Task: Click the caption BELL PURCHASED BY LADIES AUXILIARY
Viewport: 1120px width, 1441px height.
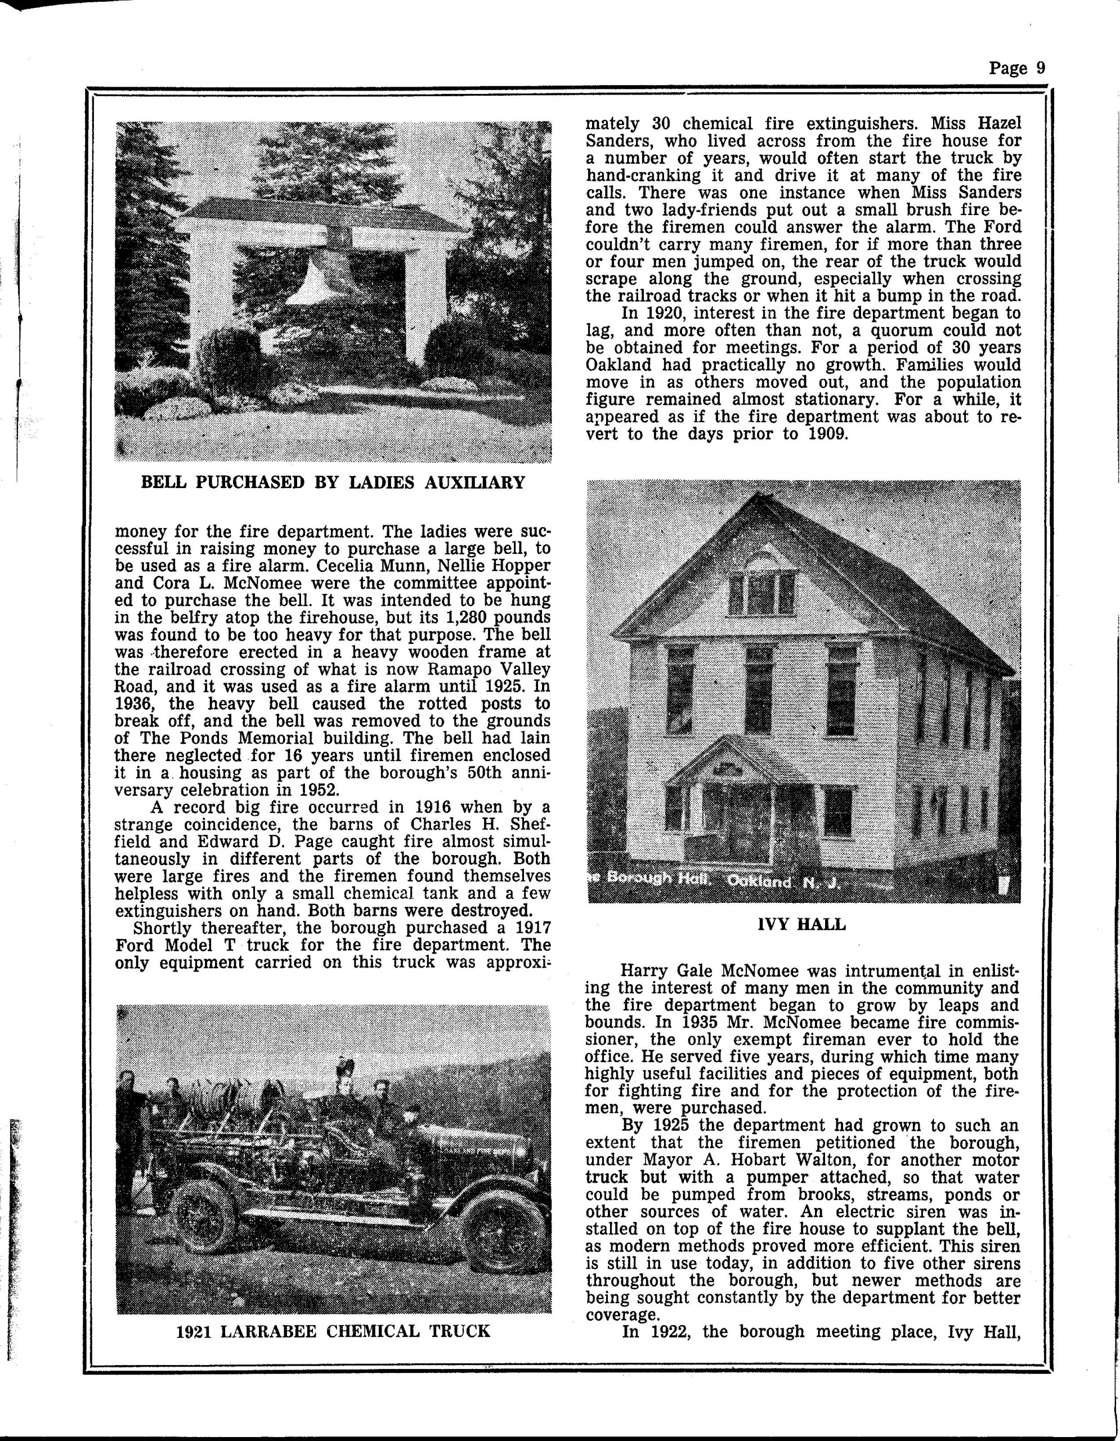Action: [333, 482]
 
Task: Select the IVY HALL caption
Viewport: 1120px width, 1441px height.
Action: [802, 924]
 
